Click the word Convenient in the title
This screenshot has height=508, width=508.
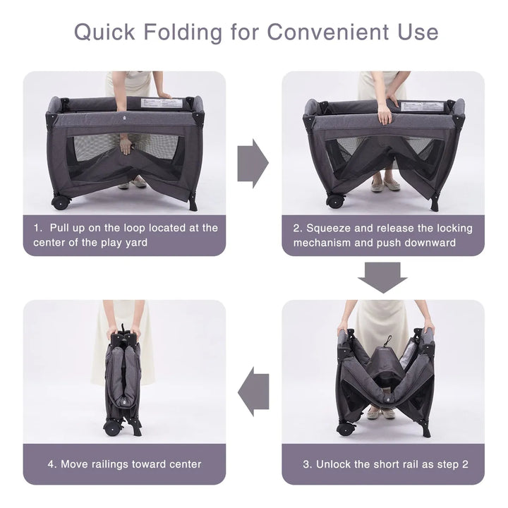pos(328,32)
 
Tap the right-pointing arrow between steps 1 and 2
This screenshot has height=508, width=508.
pos(253,164)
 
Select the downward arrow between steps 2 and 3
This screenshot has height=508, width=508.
pos(382,278)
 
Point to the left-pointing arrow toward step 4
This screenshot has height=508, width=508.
pos(253,392)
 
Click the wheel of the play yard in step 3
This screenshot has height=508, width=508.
pos(346,428)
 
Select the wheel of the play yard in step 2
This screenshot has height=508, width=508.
pos(335,201)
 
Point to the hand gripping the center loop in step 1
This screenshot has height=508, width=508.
pos(126,146)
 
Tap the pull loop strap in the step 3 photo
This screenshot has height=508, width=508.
pos(387,341)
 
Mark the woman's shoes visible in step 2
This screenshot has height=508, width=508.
pos(385,185)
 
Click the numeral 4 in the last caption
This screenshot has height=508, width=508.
pos(51,464)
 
